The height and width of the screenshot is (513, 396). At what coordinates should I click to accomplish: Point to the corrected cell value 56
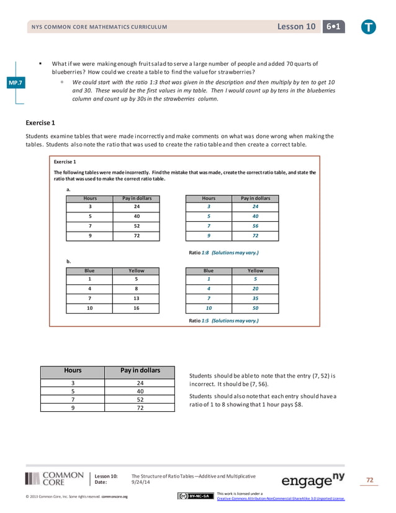point(255,227)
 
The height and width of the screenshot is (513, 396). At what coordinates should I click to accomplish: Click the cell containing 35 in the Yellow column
point(255,299)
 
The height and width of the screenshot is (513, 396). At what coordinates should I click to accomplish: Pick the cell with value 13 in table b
point(136,299)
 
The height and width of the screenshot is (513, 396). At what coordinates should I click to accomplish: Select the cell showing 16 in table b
point(136,309)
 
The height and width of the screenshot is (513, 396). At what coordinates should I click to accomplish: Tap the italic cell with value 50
point(255,309)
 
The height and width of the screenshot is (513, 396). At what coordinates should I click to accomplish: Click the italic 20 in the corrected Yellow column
point(255,289)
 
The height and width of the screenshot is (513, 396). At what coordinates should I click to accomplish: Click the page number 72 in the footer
point(370,480)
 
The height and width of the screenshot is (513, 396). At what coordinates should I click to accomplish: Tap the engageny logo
point(313,479)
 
